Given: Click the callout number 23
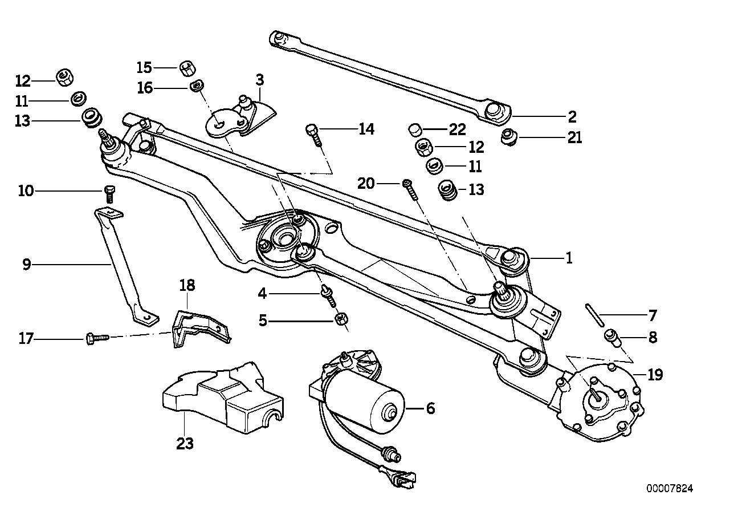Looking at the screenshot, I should tap(185, 443).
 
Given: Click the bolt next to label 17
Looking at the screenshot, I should tap(96, 338).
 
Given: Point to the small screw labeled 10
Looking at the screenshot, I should tap(111, 193).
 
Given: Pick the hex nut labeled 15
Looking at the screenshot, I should tap(186, 68).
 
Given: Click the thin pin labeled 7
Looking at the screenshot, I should tap(594, 315).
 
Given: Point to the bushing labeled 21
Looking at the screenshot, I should tap(508, 137).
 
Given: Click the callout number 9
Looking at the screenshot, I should tap(26, 264).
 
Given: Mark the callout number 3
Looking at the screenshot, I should tap(260, 79).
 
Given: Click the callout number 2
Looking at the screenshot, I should tap(572, 117).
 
